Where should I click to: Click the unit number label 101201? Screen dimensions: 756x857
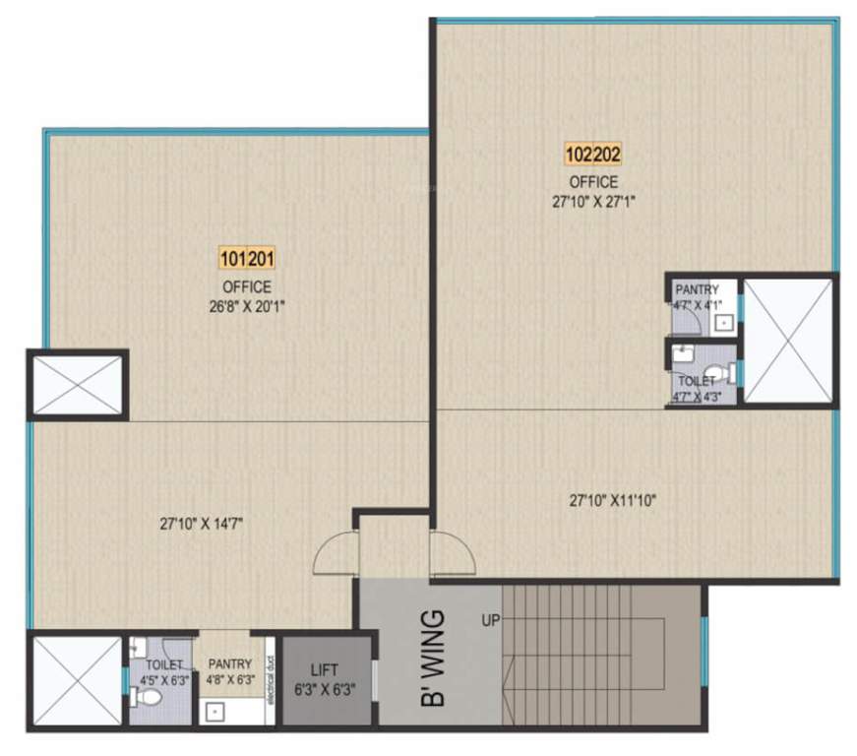[246, 260]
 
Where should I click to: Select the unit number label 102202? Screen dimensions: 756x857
[593, 155]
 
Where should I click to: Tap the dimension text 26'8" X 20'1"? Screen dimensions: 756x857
[246, 305]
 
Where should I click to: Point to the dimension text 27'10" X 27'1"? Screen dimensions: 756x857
[593, 201]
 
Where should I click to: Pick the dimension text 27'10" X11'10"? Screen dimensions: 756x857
[613, 500]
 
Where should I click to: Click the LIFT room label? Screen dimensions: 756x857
[324, 668]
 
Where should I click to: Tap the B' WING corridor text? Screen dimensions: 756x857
[430, 660]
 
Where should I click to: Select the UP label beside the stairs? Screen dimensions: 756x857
[489, 620]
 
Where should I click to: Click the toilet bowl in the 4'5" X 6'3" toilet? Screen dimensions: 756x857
[147, 698]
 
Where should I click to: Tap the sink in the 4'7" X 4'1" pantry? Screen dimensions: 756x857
[724, 321]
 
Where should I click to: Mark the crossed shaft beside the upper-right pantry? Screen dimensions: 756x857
[787, 341]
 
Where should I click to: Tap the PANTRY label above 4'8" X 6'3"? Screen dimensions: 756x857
[229, 663]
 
